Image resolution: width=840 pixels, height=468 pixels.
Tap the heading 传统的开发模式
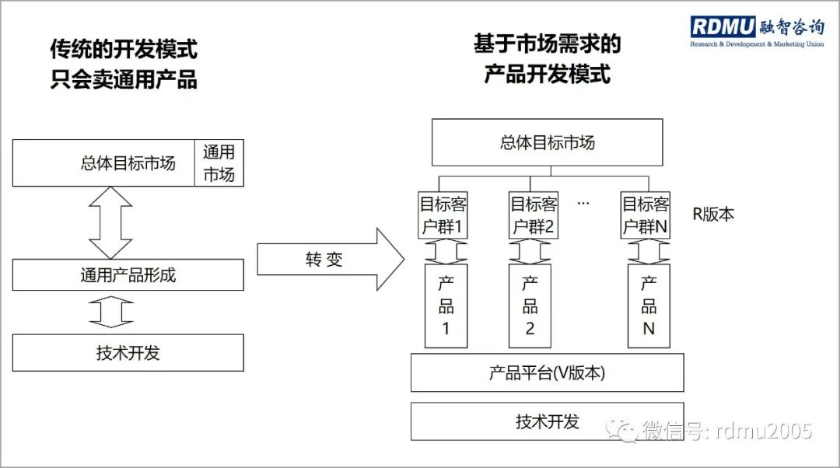[124, 50]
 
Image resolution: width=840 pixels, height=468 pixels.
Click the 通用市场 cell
[219, 163]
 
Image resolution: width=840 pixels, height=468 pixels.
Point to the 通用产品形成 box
[128, 275]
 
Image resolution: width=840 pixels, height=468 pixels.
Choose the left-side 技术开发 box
[128, 352]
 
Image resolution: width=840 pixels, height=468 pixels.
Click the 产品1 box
[446, 305]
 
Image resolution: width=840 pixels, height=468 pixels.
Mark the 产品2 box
[530, 305]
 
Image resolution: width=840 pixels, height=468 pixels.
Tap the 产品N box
[649, 305]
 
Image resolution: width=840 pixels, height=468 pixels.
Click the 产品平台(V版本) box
[547, 372]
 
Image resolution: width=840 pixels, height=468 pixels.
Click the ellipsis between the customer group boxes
[583, 203]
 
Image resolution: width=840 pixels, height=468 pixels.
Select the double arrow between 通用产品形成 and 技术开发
[112, 313]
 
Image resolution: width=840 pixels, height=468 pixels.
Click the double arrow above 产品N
[648, 251]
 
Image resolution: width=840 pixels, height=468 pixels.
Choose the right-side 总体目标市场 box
[547, 143]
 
